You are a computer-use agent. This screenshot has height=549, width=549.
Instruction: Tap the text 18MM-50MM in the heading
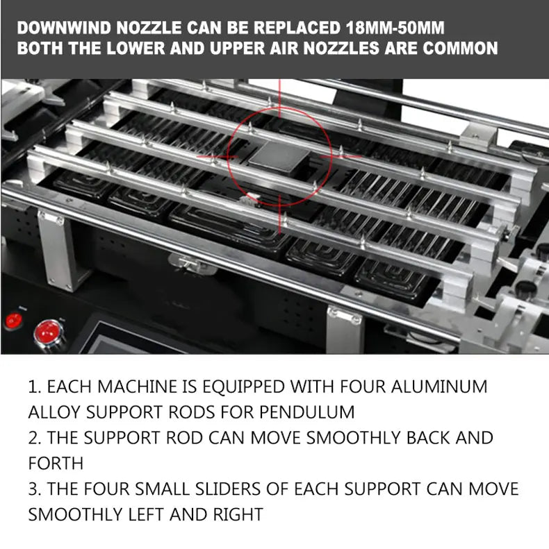tap(395, 28)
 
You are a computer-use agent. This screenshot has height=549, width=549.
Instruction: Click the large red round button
tap(49, 333)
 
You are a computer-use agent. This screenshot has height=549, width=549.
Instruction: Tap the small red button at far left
tap(14, 321)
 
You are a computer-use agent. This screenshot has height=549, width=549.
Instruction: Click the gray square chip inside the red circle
tap(279, 158)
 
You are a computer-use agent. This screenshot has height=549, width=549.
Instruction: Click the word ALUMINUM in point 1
tap(439, 387)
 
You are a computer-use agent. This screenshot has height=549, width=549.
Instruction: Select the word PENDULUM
tap(306, 412)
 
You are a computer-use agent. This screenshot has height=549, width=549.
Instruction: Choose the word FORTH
tap(56, 463)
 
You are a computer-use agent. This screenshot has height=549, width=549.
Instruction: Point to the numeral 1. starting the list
tap(35, 387)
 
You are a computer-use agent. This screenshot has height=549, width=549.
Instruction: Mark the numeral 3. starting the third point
tap(35, 489)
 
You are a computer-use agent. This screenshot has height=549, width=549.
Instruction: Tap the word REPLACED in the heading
tap(297, 28)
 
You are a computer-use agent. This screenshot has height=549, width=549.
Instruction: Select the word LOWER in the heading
tap(136, 48)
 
